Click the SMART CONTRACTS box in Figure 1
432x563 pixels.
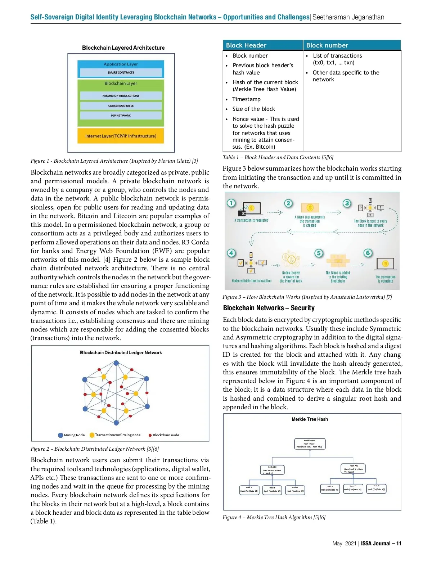121,73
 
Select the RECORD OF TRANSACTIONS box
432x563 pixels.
121,96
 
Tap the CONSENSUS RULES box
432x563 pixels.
121,106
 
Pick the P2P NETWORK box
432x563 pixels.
121,116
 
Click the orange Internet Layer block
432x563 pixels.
121,136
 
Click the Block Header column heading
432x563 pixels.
246,45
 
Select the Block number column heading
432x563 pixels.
327,45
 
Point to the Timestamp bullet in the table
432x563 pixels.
246,99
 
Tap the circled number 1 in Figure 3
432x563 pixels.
231,203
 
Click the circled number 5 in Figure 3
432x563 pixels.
319,253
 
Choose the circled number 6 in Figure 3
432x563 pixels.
368,253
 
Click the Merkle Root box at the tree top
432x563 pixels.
310,444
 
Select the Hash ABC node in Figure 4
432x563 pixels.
272,470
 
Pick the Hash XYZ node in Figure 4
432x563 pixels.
353,469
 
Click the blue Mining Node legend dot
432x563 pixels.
60,435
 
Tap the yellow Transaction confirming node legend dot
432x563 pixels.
92,435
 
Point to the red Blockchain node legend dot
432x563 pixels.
150,435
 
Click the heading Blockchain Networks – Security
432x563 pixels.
269,308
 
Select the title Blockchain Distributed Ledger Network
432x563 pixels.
121,353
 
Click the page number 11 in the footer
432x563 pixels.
399,544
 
